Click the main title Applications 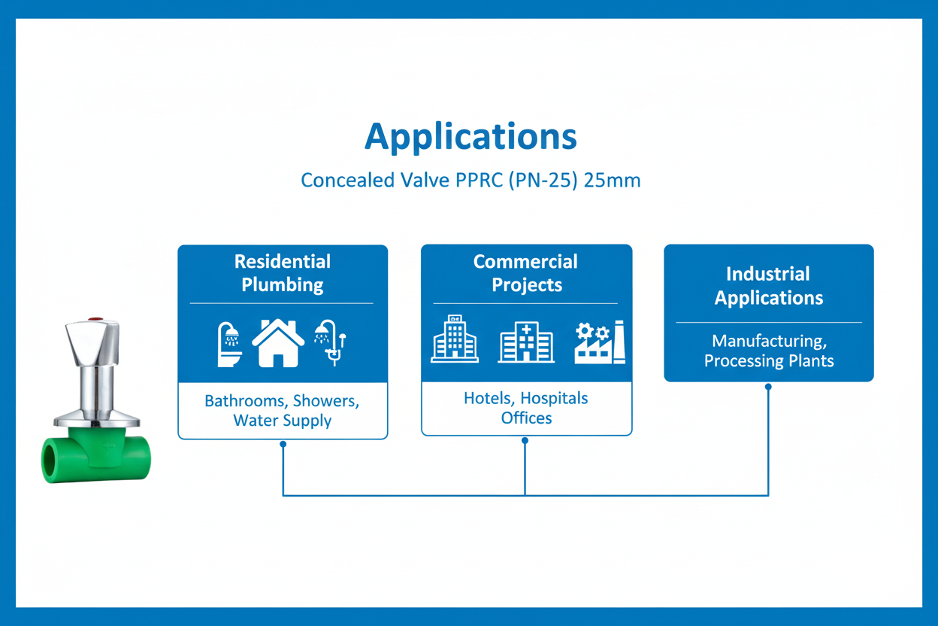[471, 137]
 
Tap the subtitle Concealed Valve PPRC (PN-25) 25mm [471, 181]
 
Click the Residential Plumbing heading [283, 273]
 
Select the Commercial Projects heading [526, 273]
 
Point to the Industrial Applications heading [768, 286]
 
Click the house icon [278, 343]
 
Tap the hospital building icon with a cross [526, 342]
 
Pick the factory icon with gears [600, 342]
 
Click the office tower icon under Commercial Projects [455, 339]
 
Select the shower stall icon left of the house [229, 345]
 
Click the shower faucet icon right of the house [331, 343]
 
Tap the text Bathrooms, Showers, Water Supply [283, 411]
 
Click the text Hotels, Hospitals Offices [526, 408]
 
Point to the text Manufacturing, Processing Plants [769, 351]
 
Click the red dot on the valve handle [96, 320]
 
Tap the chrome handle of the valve [92, 343]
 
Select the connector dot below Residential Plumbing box [283, 444]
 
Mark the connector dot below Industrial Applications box [768, 387]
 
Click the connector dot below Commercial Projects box [525, 441]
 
